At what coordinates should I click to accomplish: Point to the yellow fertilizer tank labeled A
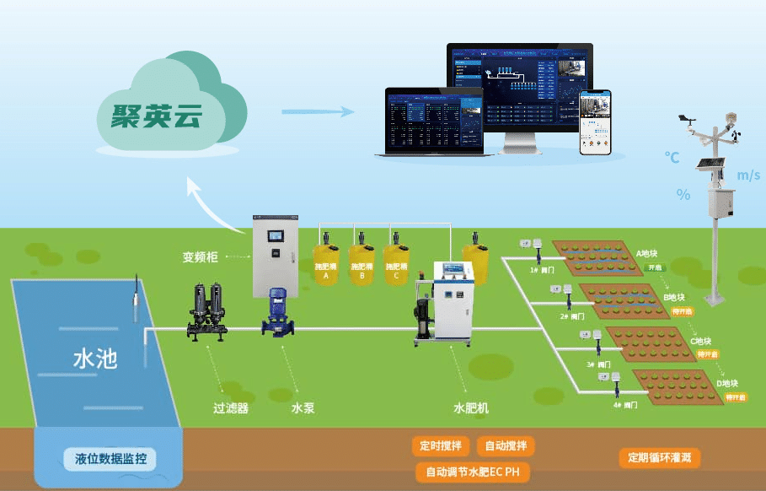326,262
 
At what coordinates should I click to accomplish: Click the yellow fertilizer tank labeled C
396,262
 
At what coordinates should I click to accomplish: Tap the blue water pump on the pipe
277,312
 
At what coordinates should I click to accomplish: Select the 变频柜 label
201,256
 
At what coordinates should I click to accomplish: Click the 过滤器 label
230,408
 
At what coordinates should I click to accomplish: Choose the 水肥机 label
471,408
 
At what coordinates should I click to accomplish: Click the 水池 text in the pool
94,359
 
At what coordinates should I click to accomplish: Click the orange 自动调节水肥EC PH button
473,472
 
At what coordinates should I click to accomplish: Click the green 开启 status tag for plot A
655,267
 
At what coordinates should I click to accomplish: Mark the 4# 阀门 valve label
625,405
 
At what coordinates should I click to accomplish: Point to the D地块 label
727,384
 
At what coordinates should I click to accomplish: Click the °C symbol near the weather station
672,157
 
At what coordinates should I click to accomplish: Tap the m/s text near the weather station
748,175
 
